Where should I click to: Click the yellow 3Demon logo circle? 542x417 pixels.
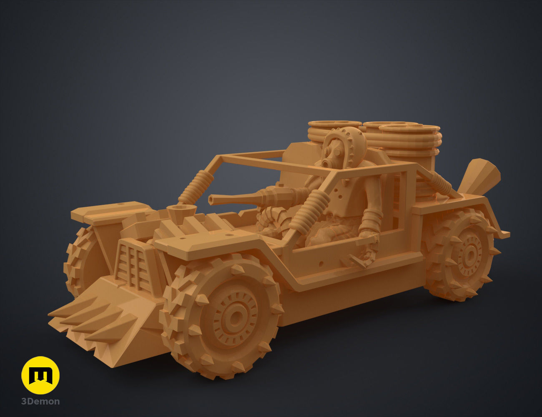coord(40,375)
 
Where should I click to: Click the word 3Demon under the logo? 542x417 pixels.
coord(40,402)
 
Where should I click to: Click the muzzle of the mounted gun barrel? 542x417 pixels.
coord(211,200)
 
